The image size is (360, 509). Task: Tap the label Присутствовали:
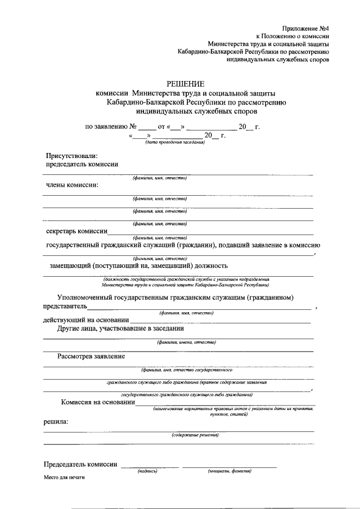click(71, 156)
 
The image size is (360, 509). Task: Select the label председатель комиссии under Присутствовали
click(82, 164)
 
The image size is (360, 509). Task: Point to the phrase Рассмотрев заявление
click(91, 356)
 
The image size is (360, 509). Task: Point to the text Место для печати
click(64, 477)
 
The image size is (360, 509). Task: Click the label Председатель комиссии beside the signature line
click(80, 464)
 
